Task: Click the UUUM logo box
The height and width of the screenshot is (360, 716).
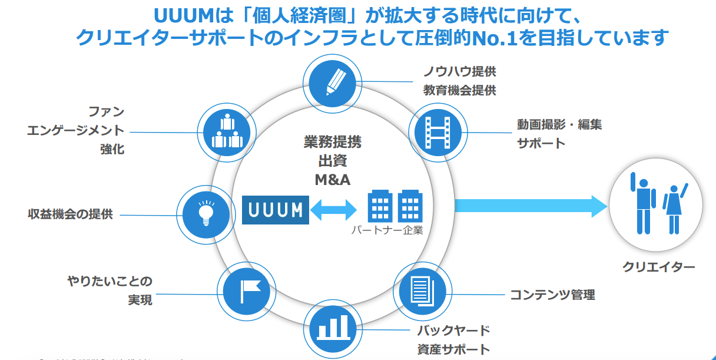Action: point(276,209)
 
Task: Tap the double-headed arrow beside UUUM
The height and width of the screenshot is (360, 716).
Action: point(334,209)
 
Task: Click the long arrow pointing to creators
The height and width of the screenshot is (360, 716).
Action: point(531,206)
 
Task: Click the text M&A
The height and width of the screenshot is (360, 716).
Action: point(333,180)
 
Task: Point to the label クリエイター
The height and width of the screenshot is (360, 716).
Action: point(659,267)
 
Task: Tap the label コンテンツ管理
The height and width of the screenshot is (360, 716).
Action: point(552,295)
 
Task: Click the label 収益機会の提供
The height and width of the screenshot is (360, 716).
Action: point(70,214)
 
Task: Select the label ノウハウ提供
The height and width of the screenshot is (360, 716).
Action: point(460,72)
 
